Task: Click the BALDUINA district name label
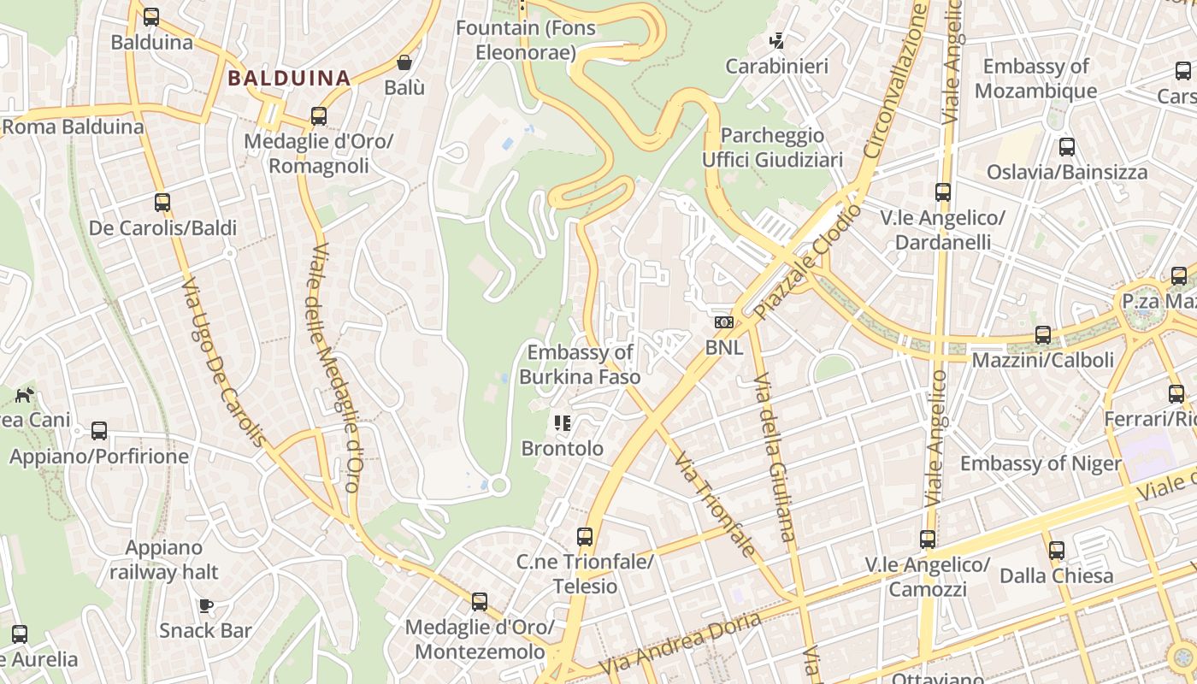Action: tap(289, 79)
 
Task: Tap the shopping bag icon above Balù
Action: tap(404, 62)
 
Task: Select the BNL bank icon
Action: tap(724, 322)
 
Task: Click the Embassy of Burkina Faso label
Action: tap(580, 364)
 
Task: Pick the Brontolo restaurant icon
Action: tap(563, 422)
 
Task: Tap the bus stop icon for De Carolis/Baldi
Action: tap(162, 203)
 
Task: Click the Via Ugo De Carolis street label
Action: tap(224, 363)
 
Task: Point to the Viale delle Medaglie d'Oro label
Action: tap(334, 368)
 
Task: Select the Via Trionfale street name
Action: tap(714, 504)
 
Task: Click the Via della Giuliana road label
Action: tap(774, 457)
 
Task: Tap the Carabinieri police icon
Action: tap(777, 40)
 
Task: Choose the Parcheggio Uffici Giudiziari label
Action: tap(772, 147)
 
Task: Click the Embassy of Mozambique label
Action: tap(1035, 79)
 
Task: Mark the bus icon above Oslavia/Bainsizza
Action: tap(1067, 146)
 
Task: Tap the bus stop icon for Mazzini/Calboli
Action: tap(1043, 335)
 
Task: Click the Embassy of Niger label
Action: tap(1041, 463)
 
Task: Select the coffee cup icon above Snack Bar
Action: tap(205, 605)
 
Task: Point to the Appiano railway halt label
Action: tap(164, 560)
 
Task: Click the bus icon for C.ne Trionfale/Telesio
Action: tap(585, 537)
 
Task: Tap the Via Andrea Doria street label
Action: tap(680, 643)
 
